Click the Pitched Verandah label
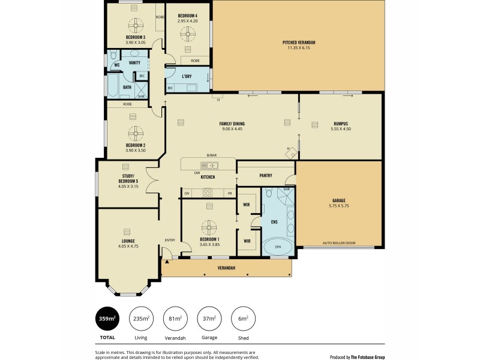(299, 42)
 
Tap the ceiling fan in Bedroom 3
(136, 25)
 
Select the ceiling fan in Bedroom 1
(209, 227)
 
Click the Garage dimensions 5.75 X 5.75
(338, 206)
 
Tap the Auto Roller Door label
(338, 243)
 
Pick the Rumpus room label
(340, 124)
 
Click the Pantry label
(266, 176)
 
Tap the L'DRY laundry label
(187, 76)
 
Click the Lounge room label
(128, 241)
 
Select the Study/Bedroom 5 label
(128, 179)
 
